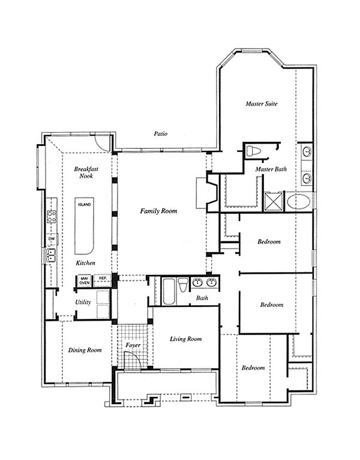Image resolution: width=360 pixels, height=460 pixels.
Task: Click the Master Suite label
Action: [x=262, y=103]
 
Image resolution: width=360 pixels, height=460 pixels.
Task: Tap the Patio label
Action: [x=161, y=134]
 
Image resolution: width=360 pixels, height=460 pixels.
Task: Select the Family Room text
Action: [x=158, y=211]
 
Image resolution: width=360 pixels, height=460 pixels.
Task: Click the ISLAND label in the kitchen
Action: [x=85, y=204]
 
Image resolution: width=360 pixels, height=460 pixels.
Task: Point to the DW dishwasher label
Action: [x=52, y=239]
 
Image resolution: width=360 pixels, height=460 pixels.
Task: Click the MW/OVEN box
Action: [x=85, y=281]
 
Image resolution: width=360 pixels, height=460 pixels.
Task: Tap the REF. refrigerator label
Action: [x=103, y=278]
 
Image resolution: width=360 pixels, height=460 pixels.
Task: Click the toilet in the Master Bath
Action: [x=254, y=151]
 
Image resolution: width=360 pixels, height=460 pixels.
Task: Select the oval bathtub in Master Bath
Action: [x=298, y=202]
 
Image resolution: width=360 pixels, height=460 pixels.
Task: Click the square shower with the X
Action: [x=274, y=202]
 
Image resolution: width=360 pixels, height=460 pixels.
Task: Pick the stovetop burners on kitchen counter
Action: [x=52, y=217]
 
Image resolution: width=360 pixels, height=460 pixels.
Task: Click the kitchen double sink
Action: [x=52, y=255]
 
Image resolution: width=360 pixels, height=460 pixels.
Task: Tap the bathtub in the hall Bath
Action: [x=169, y=292]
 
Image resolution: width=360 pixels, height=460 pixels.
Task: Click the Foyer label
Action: [x=133, y=345]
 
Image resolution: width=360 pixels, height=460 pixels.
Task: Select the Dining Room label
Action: [x=85, y=350]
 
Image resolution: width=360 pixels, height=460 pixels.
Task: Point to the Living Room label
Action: [x=186, y=339]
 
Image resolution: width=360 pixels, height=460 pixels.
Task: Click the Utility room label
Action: [x=83, y=302]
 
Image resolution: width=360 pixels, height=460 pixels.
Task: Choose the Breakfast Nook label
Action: [x=86, y=172]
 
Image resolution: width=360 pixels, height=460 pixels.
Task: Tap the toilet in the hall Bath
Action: [x=183, y=285]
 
